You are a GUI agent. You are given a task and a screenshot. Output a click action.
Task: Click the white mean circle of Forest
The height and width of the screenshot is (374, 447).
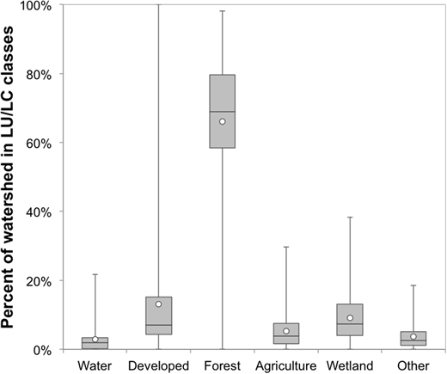tap(223, 121)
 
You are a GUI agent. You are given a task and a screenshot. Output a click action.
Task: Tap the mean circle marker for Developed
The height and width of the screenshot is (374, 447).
tap(158, 304)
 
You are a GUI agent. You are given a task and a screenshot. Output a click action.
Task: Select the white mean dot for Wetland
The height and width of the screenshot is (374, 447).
tap(350, 318)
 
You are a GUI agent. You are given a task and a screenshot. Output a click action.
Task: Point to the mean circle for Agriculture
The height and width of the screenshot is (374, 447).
tap(286, 331)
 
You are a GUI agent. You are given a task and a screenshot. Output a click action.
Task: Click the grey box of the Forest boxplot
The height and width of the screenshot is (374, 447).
tap(223, 95)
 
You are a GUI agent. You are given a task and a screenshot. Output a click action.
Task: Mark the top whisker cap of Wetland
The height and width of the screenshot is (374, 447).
tap(350, 217)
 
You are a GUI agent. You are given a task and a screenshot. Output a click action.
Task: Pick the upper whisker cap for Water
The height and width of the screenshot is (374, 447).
tap(95, 274)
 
